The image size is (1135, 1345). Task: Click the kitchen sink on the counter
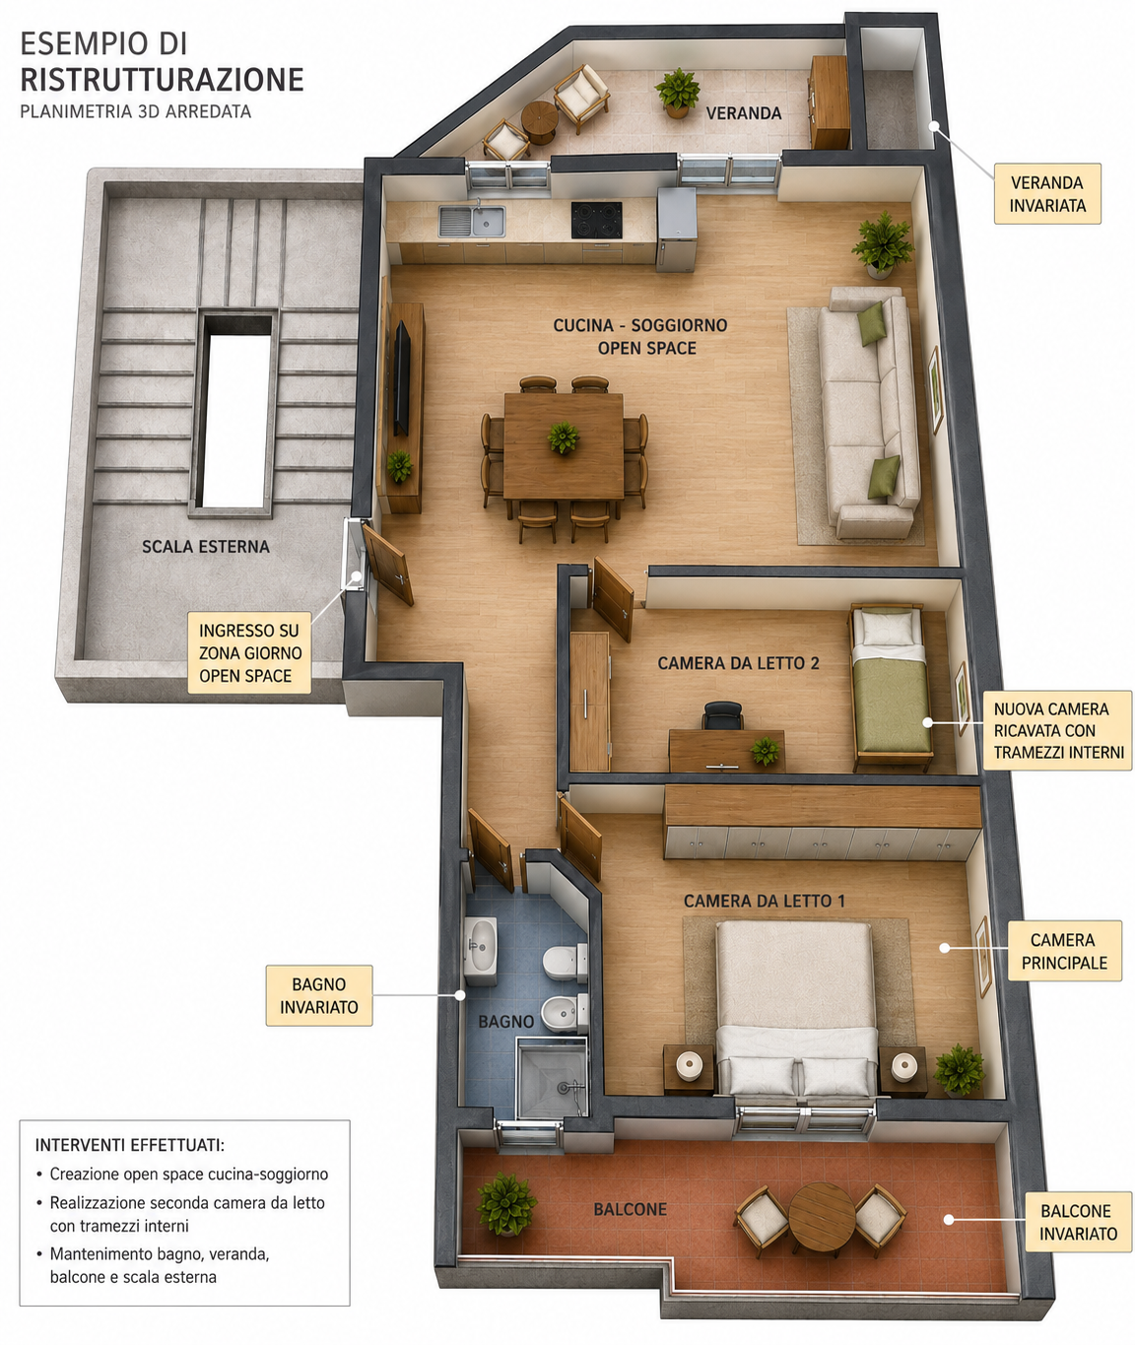tap(472, 221)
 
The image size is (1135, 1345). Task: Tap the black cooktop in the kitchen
tap(596, 220)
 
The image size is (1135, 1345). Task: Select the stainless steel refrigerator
tap(676, 229)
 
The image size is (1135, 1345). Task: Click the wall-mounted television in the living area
tap(402, 377)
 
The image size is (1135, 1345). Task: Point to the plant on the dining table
tap(564, 437)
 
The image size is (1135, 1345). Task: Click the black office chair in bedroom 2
tap(723, 714)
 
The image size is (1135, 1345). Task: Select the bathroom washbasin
tap(481, 944)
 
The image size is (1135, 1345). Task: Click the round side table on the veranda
tap(540, 120)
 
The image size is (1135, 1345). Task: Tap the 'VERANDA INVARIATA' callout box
tap(1047, 194)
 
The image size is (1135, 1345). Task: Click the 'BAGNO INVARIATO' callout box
tap(319, 995)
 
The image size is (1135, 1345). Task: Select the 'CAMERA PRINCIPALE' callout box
tap(1064, 951)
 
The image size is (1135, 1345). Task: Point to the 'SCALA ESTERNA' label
tap(206, 547)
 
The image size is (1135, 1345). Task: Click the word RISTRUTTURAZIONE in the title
tap(162, 79)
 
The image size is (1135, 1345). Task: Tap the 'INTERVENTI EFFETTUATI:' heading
tap(129, 1145)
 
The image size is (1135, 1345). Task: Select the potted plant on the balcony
tap(507, 1203)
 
